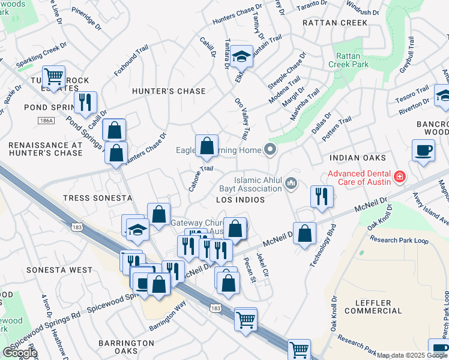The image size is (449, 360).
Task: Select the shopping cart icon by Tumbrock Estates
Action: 54,77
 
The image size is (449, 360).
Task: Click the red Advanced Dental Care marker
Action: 399,177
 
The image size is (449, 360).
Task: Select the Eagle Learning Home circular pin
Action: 271,149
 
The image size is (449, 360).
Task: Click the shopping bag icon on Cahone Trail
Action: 206,146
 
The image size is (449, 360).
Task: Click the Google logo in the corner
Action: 20,353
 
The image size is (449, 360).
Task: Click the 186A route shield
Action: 45,121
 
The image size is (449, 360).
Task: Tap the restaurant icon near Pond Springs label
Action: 85,103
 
